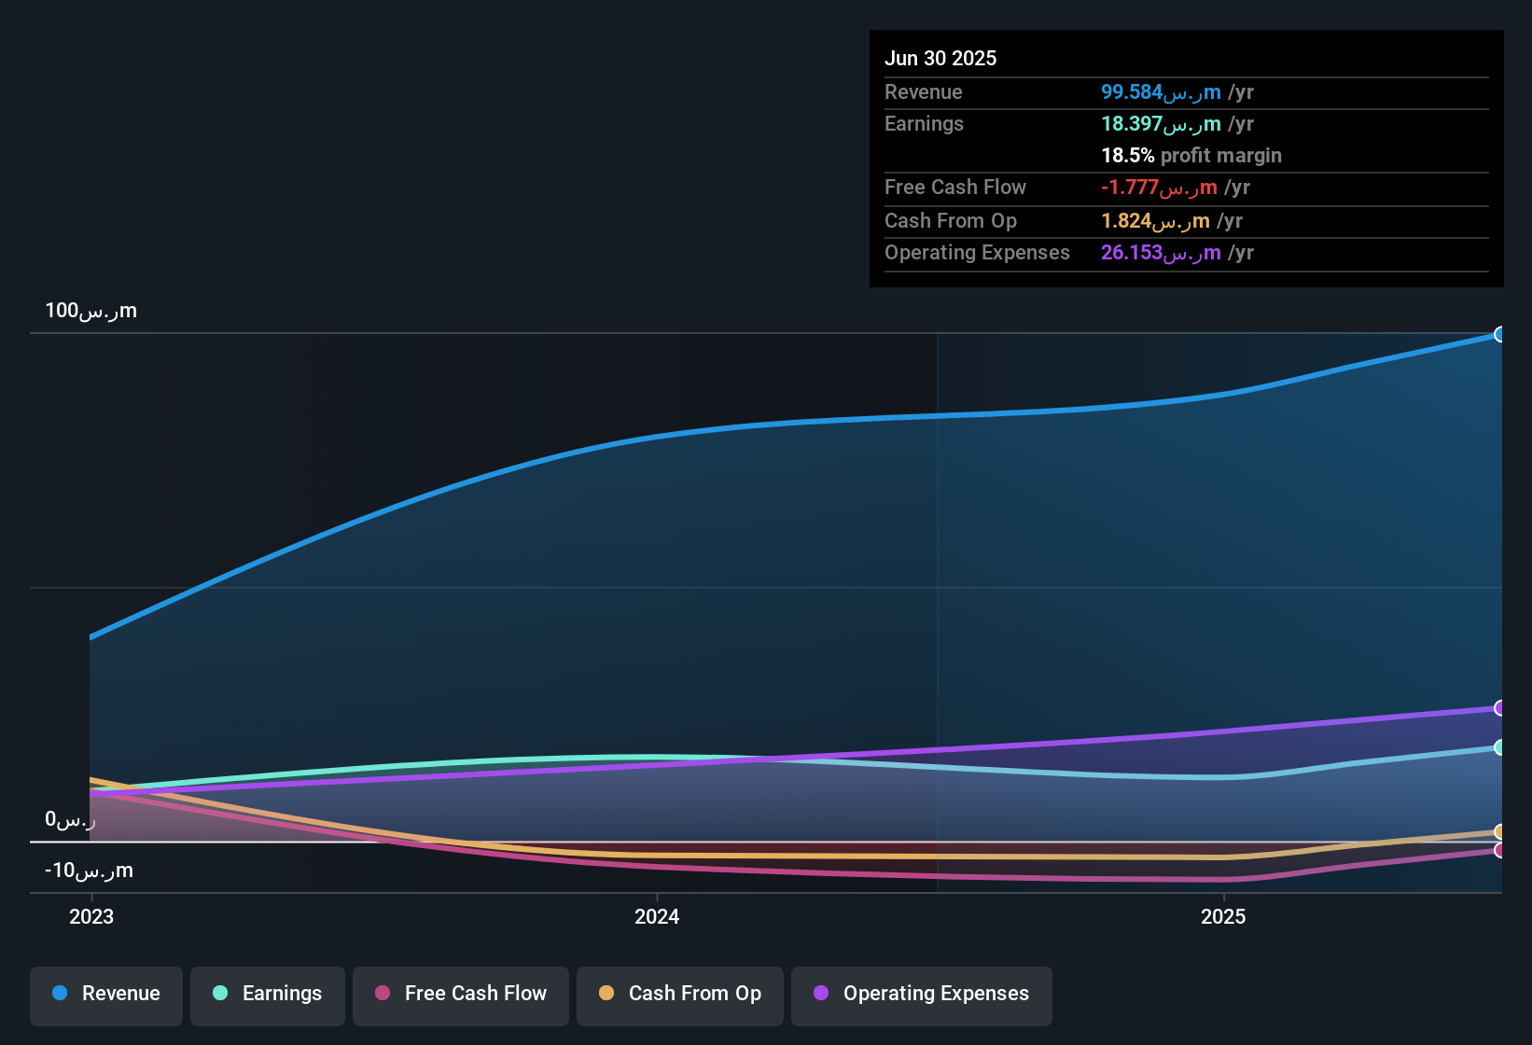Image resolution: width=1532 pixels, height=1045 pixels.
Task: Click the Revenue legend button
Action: (106, 994)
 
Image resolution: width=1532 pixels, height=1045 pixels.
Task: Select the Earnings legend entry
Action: (268, 994)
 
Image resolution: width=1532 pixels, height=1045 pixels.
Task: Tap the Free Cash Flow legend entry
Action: (461, 994)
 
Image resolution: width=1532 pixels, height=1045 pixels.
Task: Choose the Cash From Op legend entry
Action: (680, 994)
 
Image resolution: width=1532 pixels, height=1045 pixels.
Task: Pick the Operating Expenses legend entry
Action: (922, 994)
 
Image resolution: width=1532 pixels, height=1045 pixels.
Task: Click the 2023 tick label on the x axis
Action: (91, 916)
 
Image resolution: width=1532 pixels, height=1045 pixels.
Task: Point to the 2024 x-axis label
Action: (657, 916)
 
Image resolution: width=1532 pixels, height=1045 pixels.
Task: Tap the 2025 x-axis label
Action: (1223, 916)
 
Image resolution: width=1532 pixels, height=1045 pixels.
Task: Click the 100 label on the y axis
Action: (91, 311)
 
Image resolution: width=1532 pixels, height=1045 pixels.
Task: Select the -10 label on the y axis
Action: (89, 871)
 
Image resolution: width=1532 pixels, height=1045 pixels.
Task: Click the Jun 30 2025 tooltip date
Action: (940, 58)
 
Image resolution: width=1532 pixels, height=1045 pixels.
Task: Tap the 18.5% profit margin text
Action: (1191, 155)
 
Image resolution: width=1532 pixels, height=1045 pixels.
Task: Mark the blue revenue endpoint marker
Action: (1499, 334)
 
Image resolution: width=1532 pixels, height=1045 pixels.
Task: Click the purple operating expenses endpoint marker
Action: (1499, 708)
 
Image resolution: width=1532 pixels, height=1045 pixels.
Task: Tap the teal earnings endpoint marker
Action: (1499, 747)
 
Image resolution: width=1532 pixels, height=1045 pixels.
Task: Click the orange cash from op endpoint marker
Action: (1499, 831)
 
